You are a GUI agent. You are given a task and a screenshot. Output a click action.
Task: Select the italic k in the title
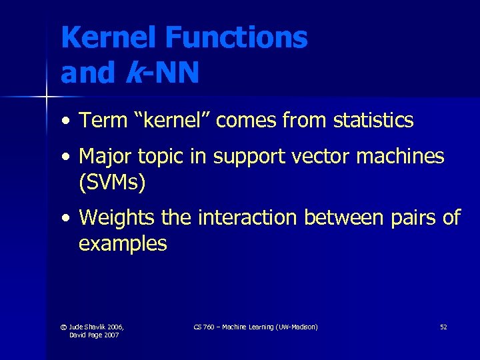[133, 73]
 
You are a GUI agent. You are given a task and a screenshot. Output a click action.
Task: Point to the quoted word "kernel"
[167, 121]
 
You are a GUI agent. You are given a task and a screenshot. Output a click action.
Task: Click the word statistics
[373, 121]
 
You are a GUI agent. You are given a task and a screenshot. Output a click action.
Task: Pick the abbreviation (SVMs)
[112, 182]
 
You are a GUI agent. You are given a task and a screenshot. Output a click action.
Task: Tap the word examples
[123, 243]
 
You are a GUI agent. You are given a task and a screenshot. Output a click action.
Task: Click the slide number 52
[443, 327]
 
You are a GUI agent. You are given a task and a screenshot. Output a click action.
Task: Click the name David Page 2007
[94, 335]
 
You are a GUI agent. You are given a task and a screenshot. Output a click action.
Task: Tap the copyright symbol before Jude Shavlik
[63, 327]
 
